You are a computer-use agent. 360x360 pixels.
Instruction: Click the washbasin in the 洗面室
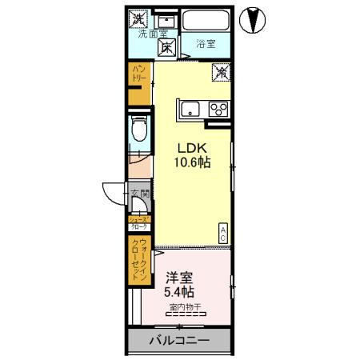pos(166,18)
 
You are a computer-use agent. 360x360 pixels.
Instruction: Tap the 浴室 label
pos(206,45)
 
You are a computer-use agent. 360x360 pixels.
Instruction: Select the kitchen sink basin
pos(190,109)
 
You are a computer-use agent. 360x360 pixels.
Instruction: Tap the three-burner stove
pos(218,109)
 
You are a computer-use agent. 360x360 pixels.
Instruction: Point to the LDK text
pos(190,147)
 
